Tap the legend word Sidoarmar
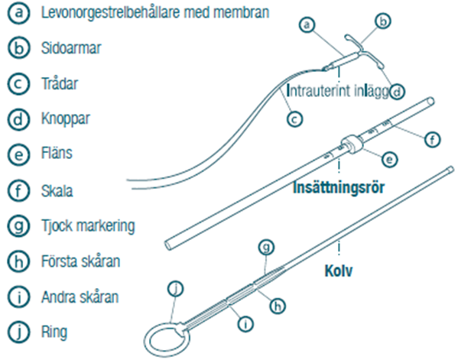71,48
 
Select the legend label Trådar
60,83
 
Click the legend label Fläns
57,153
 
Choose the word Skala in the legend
57,191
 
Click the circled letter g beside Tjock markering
18,226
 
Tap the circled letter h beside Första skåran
18,261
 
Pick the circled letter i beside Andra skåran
18,297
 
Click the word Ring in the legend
54,332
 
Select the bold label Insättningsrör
339,187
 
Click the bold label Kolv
339,271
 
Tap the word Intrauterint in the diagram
318,91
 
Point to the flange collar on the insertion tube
352,144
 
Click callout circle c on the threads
294,119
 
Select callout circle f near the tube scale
432,140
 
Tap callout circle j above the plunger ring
176,289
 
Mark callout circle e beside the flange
390,160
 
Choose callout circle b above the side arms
383,21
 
